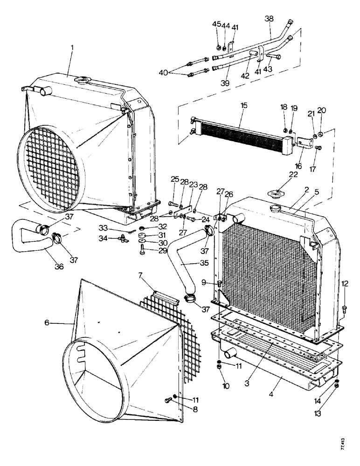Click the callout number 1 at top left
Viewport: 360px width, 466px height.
[x=72, y=48]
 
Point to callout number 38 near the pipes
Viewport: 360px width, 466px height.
[x=270, y=20]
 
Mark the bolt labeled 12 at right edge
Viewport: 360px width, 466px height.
[x=344, y=308]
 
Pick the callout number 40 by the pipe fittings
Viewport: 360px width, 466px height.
[x=163, y=72]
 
